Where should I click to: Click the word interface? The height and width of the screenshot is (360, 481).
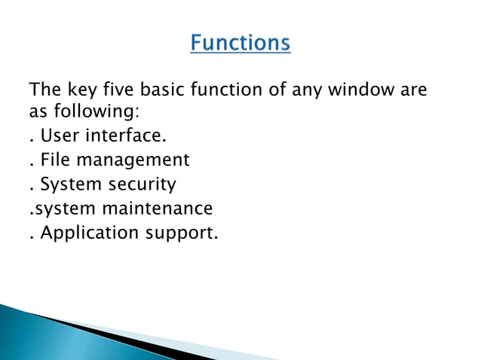(x=127, y=136)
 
